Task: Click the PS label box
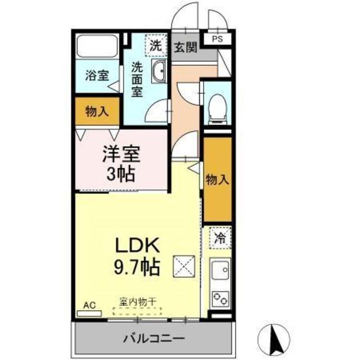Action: [217, 39]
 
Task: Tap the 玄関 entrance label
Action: [186, 47]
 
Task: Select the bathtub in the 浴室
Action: [97, 46]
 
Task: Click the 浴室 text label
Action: [97, 75]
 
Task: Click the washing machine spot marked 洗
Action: [156, 46]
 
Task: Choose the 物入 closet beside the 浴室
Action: [97, 111]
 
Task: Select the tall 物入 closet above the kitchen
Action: [218, 179]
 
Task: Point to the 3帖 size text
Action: [120, 174]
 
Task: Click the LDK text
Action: [137, 245]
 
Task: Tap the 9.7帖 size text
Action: [137, 267]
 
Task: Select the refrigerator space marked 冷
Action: [220, 237]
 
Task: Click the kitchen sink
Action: [220, 269]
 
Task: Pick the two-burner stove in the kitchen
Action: [220, 299]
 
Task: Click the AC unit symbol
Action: [89, 313]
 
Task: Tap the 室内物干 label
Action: [138, 301]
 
